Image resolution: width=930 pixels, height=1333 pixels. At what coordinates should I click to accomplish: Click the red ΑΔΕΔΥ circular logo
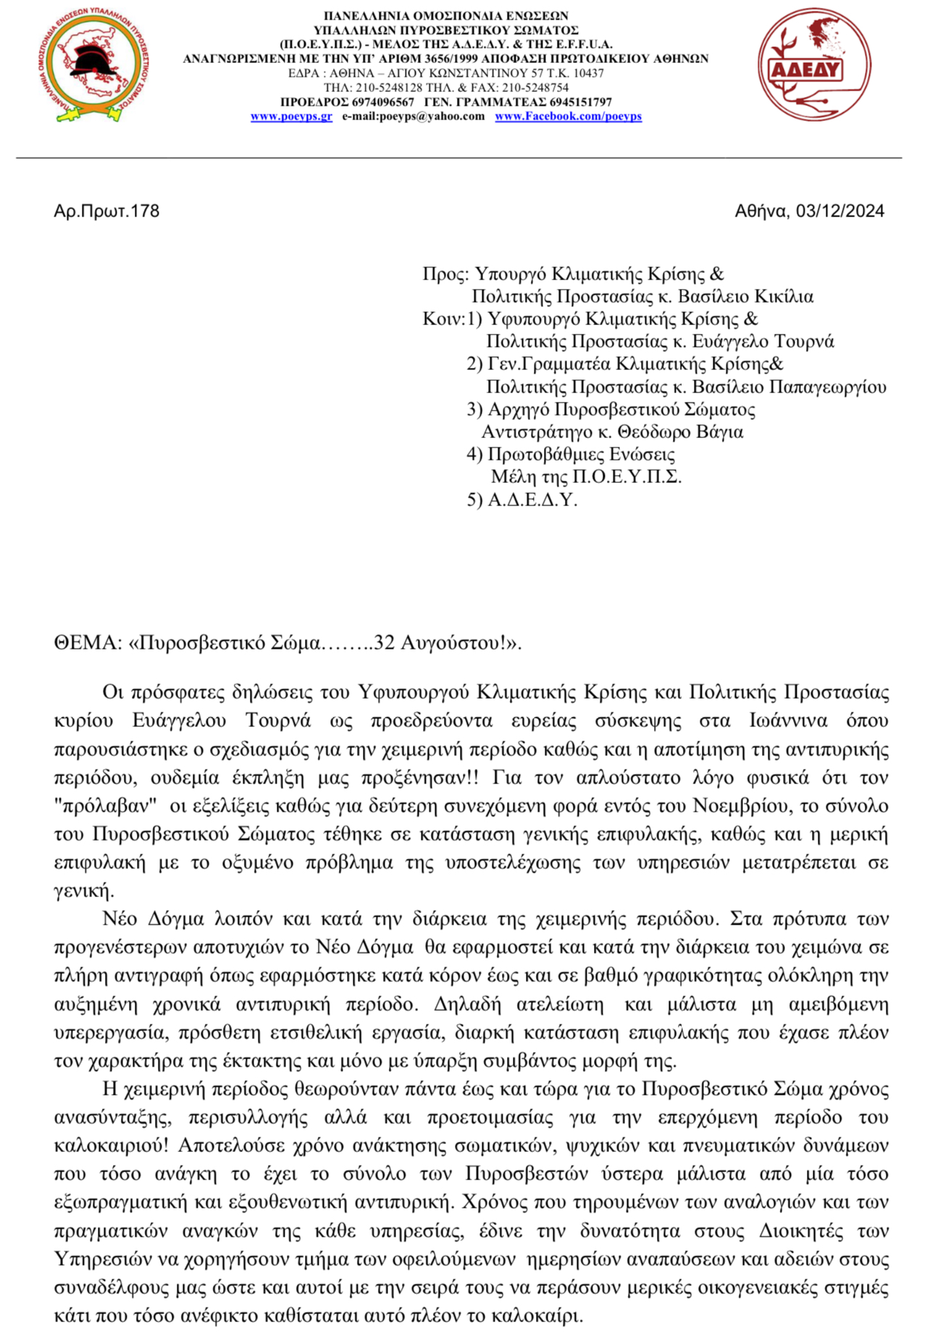pyautogui.click(x=814, y=64)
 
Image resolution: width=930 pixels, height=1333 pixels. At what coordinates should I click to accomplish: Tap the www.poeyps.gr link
pyautogui.click(x=291, y=117)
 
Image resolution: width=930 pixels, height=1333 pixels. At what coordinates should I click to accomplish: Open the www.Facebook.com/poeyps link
pyautogui.click(x=568, y=117)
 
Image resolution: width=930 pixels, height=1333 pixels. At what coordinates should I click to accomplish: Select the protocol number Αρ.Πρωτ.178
pyautogui.click(x=106, y=211)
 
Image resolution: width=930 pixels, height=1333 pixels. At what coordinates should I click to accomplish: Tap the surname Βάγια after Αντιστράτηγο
pyautogui.click(x=721, y=432)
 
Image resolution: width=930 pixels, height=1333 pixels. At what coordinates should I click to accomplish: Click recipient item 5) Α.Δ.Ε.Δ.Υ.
pyautogui.click(x=522, y=500)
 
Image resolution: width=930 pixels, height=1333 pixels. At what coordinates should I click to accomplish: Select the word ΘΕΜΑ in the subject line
pyautogui.click(x=84, y=643)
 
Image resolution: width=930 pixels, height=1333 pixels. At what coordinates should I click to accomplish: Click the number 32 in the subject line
pyautogui.click(x=384, y=643)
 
